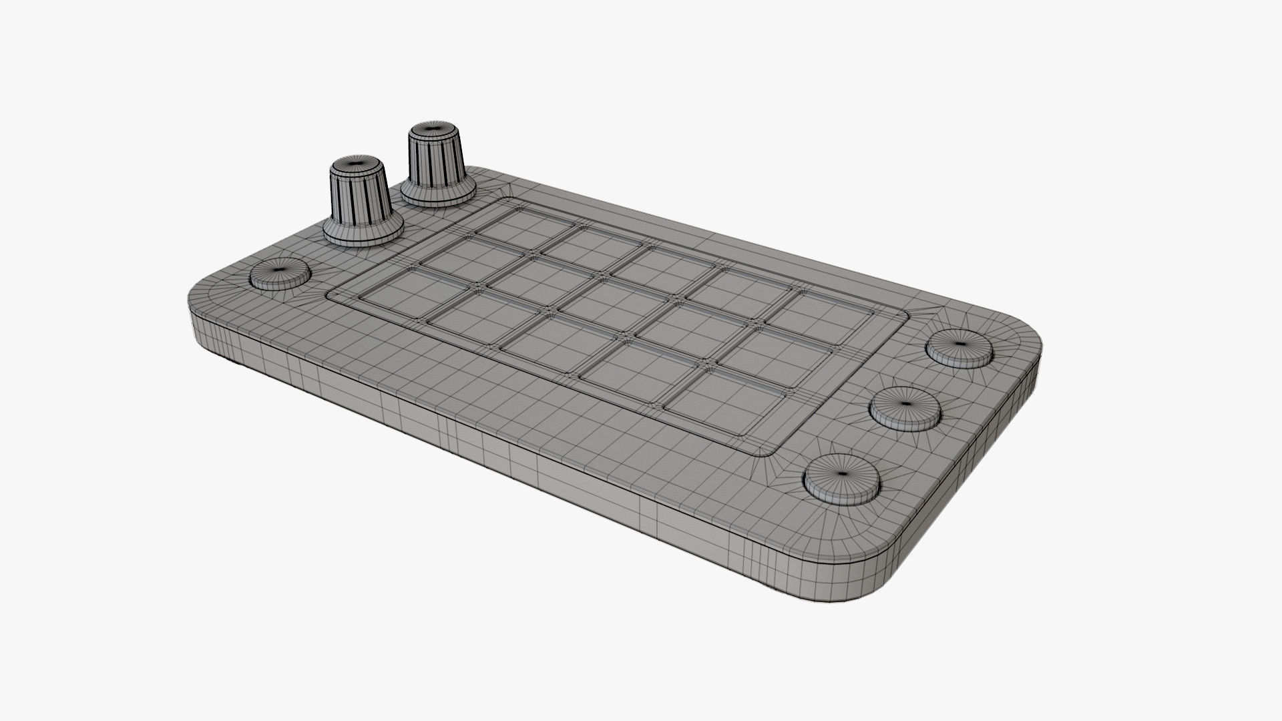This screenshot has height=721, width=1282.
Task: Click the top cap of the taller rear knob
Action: click(x=435, y=128)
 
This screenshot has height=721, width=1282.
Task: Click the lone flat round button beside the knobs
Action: click(x=280, y=274)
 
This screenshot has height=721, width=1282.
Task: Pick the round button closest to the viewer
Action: click(x=841, y=477)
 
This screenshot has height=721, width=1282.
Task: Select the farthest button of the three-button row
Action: click(x=959, y=347)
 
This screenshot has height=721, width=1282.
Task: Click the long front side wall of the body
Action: click(x=467, y=427)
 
